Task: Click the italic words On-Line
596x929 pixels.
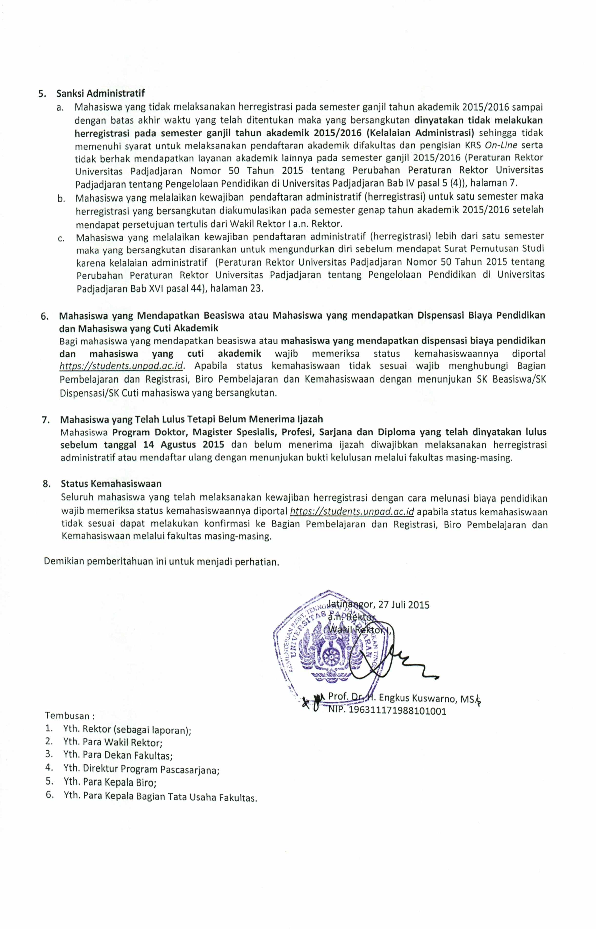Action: [501, 145]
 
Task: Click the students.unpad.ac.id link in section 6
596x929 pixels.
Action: [120, 366]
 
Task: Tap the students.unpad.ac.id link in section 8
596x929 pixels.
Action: [352, 511]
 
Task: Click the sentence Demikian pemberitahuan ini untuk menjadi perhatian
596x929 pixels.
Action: [161, 562]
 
